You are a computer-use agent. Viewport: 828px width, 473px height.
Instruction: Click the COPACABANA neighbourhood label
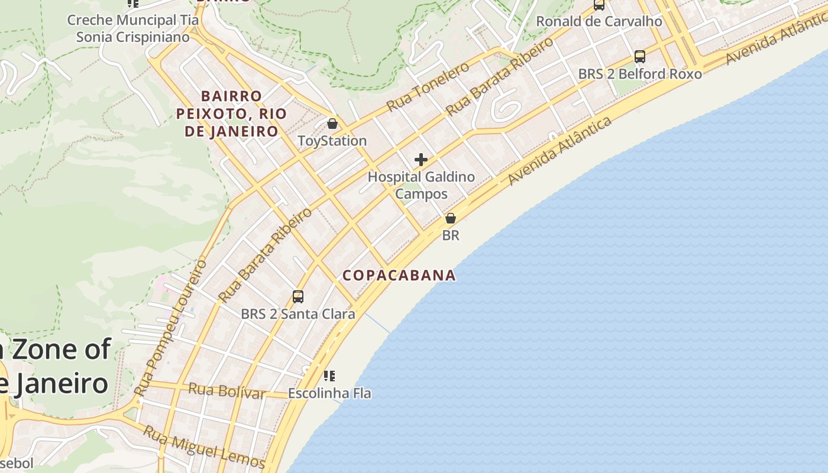click(x=399, y=275)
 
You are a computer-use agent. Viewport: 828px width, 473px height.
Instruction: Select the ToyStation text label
click(x=332, y=141)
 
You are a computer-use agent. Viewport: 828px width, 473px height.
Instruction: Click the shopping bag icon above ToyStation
click(x=332, y=124)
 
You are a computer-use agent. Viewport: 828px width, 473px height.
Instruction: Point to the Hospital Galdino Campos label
click(x=421, y=185)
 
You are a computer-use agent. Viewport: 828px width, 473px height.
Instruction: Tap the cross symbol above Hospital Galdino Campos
click(x=421, y=160)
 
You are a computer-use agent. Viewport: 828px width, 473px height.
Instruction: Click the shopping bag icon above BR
click(x=451, y=218)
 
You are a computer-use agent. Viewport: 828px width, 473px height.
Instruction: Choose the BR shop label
click(x=451, y=235)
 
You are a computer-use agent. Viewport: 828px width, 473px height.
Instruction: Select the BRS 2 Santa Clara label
click(x=298, y=314)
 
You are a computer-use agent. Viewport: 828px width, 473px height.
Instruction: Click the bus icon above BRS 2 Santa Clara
click(x=298, y=297)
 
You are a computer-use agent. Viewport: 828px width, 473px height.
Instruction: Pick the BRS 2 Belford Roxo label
click(x=640, y=74)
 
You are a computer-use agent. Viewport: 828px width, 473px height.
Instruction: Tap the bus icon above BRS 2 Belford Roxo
click(x=640, y=57)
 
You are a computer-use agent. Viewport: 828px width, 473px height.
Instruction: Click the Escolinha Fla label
click(x=329, y=393)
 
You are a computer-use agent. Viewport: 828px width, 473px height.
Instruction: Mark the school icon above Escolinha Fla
click(x=329, y=375)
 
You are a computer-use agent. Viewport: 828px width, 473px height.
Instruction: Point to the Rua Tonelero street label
click(x=428, y=86)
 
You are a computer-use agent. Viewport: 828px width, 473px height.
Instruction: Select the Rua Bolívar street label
click(x=226, y=391)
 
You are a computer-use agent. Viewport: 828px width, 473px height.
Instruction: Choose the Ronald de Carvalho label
click(x=599, y=21)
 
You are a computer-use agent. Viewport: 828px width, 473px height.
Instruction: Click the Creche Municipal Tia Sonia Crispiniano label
click(x=133, y=28)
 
